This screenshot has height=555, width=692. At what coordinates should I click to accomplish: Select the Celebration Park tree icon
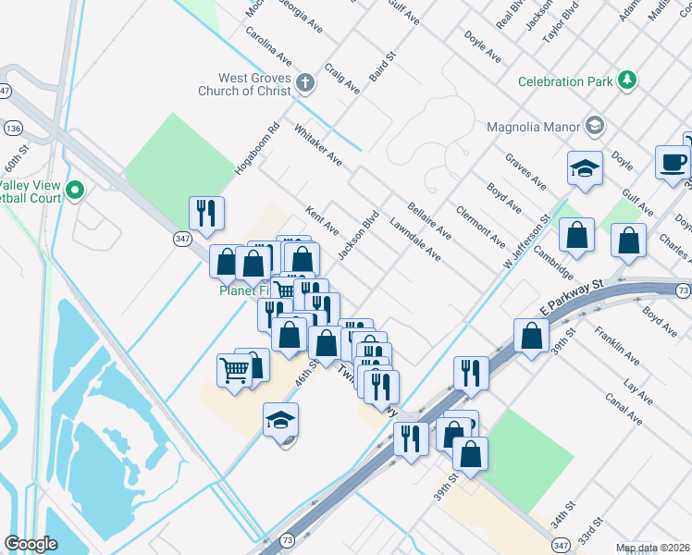click(x=628, y=80)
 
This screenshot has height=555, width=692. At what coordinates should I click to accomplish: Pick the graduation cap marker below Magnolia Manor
click(x=585, y=169)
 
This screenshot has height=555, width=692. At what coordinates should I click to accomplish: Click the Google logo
click(x=31, y=544)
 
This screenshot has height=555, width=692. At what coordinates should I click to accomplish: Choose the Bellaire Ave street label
click(x=428, y=220)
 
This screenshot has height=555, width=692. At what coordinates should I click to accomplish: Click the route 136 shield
click(x=13, y=127)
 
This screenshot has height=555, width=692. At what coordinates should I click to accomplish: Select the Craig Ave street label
click(x=342, y=79)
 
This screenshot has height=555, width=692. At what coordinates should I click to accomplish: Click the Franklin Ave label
click(x=617, y=344)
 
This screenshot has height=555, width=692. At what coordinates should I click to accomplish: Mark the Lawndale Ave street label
click(x=414, y=239)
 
